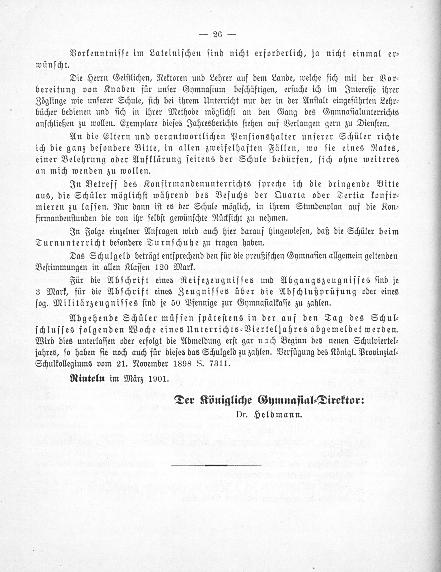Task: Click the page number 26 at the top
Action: pos(217,35)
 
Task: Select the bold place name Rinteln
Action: pos(87,378)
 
